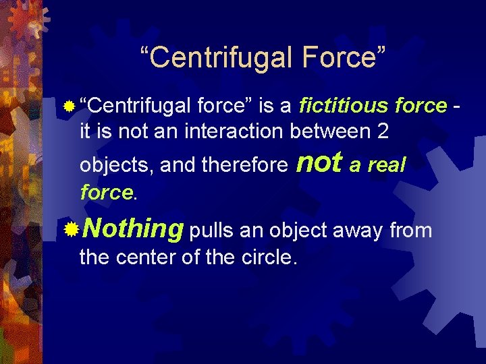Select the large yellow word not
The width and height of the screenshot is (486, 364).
[x=319, y=162]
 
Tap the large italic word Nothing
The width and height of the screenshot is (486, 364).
[x=132, y=230]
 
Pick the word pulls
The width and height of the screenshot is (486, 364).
[x=212, y=231]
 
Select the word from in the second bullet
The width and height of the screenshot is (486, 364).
[x=410, y=231]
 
